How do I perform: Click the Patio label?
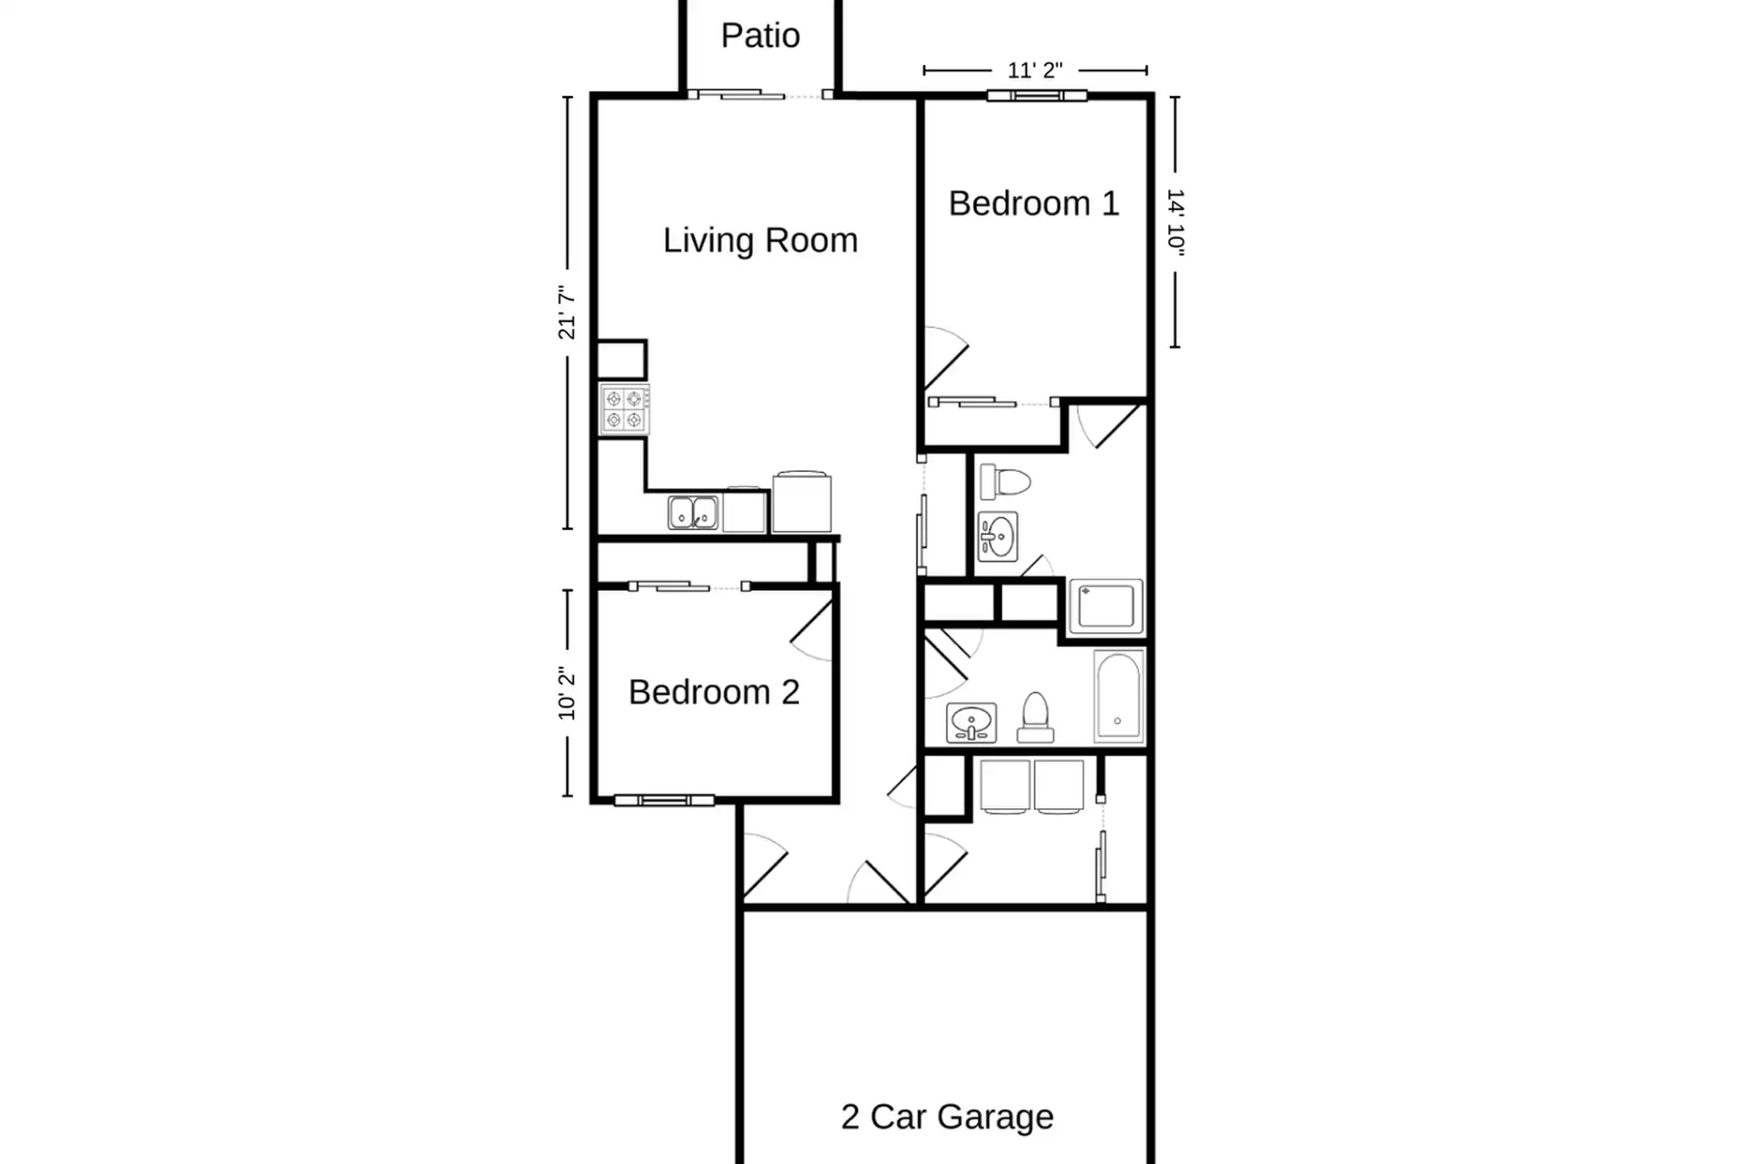[x=760, y=36]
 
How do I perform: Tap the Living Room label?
[x=760, y=241]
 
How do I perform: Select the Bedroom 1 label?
[x=1034, y=204]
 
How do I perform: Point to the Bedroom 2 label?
[x=714, y=692]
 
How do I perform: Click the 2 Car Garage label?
[x=947, y=1117]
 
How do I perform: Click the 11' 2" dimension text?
[x=1035, y=71]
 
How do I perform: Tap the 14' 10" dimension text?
[x=1175, y=222]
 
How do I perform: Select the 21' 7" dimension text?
[x=567, y=313]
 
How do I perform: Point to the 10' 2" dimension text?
[x=567, y=694]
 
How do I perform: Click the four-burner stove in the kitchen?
[x=624, y=410]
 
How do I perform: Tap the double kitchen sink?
[x=693, y=513]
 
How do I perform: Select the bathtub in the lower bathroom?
[x=1119, y=696]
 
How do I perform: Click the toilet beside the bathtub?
[x=1035, y=717]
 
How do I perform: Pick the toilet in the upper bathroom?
[x=1006, y=483]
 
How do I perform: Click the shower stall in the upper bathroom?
[x=1106, y=606]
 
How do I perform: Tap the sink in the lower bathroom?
[x=971, y=722]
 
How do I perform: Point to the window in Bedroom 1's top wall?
[x=1037, y=96]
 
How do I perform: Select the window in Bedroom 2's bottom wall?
[x=664, y=800]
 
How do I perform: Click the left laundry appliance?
[x=1005, y=786]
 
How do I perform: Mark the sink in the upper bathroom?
[x=998, y=537]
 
